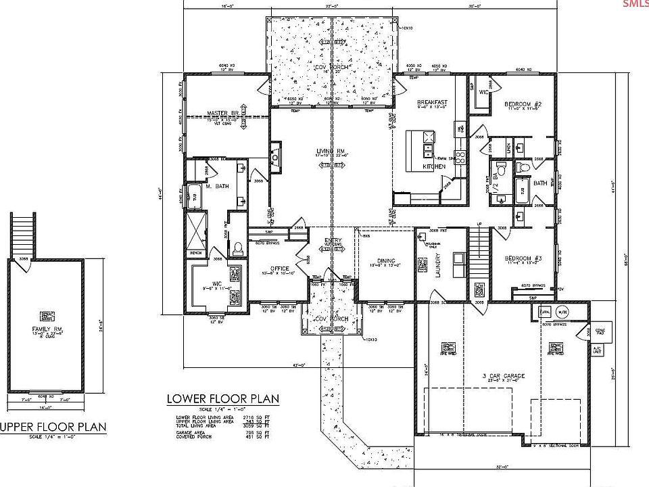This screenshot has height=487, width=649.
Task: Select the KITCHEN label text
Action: [x=434, y=166]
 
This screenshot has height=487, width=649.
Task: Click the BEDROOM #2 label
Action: [x=521, y=104]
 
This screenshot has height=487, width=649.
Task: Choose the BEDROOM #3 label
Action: [x=521, y=258]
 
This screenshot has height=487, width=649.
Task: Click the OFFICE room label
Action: [x=279, y=268]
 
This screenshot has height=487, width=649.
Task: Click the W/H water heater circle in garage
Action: [x=562, y=312]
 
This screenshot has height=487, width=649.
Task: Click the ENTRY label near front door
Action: [x=332, y=241]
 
